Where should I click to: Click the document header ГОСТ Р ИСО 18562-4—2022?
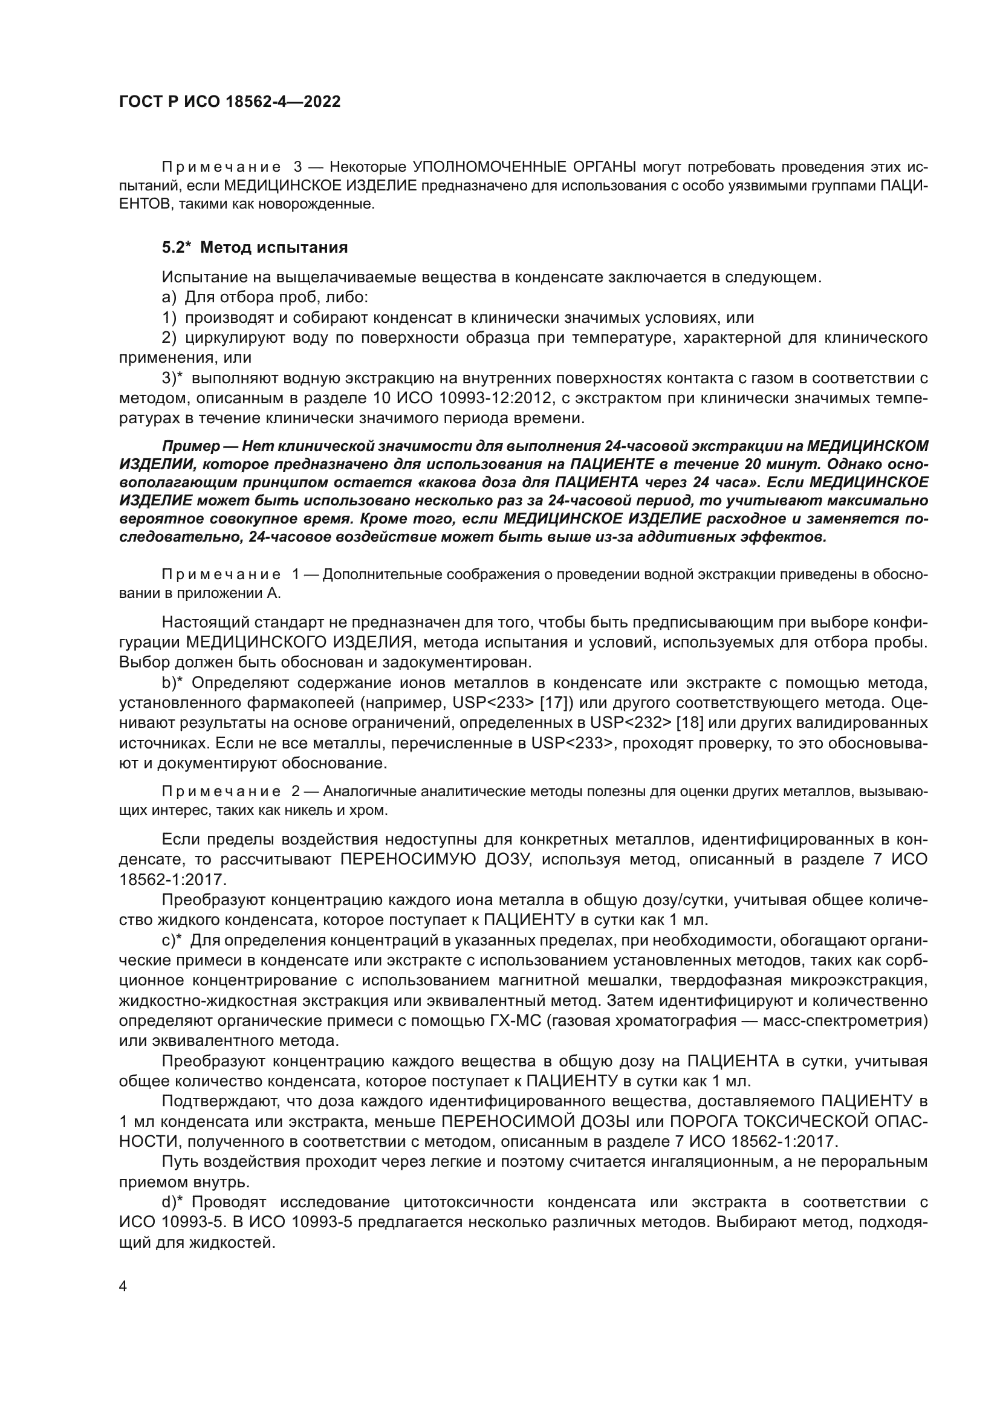pyautogui.click(x=229, y=102)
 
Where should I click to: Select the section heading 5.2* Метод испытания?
pyautogui.click(x=255, y=248)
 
